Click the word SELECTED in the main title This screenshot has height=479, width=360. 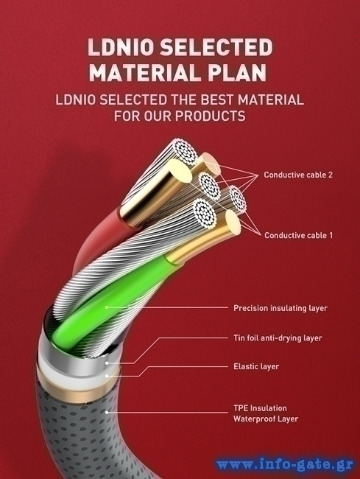click(x=216, y=47)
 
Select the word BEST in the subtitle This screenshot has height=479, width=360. click(x=218, y=99)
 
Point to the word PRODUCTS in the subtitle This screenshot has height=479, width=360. click(x=210, y=116)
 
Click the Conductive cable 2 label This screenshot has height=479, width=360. click(x=298, y=175)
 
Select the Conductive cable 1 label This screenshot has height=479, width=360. click(x=298, y=235)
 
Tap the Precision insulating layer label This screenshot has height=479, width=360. click(x=280, y=308)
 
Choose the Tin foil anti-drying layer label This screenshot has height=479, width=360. click(x=278, y=338)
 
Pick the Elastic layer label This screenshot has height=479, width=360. click(x=256, y=366)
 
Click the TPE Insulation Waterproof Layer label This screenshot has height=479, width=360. click(x=266, y=413)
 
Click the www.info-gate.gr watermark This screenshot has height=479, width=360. click(x=285, y=466)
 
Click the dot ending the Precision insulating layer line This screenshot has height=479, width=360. click(x=107, y=307)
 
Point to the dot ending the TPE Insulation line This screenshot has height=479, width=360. click(x=107, y=413)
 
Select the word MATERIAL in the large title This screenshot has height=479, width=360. click(x=143, y=73)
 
